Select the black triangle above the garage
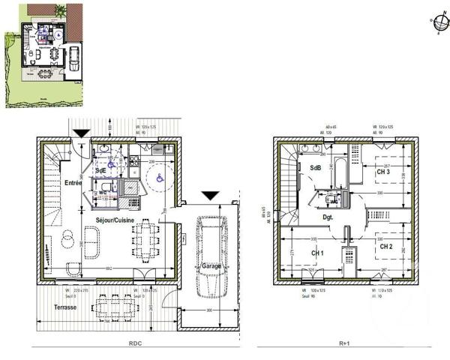click(x=211, y=196)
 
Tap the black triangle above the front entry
click(x=80, y=133)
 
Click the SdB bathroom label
click(x=314, y=168)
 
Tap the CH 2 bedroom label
click(x=385, y=246)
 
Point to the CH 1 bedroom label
click(x=316, y=253)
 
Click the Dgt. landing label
click(x=328, y=217)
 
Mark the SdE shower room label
click(x=100, y=171)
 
